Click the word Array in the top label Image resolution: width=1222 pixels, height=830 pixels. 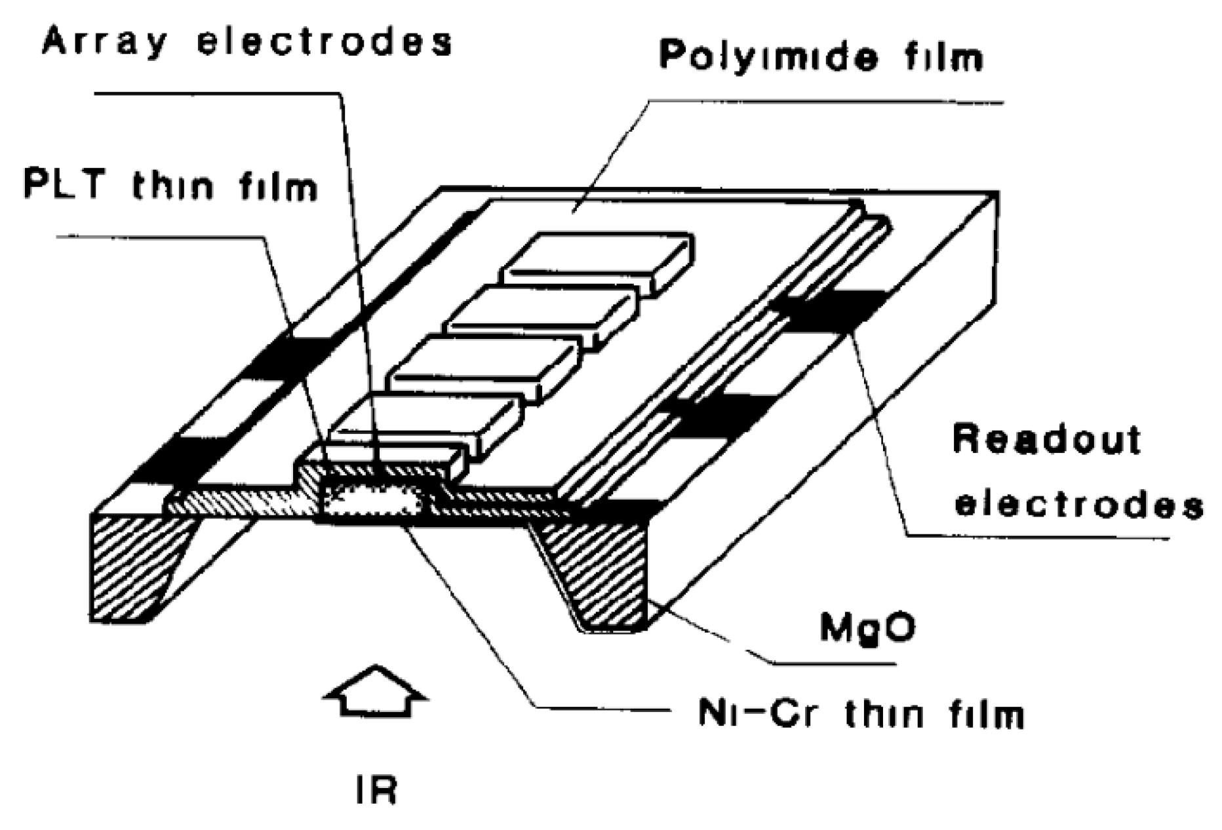105,42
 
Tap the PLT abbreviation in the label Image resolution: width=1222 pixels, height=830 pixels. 64,184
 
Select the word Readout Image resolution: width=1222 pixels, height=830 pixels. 1047,439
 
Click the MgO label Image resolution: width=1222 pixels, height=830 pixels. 867,627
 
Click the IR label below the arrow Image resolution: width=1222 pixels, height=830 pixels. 376,790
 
